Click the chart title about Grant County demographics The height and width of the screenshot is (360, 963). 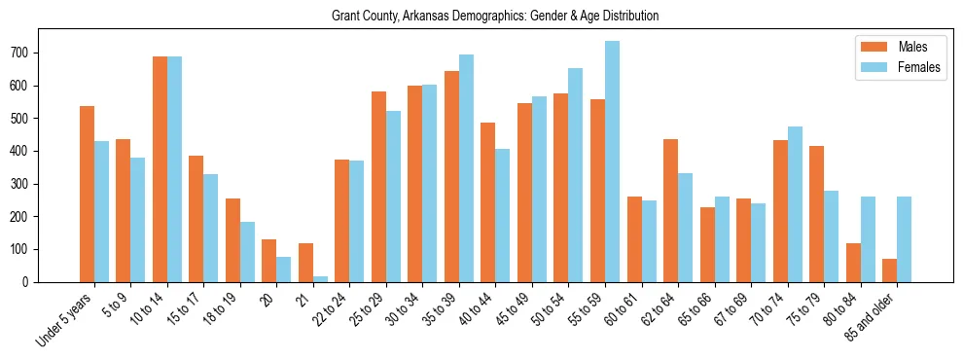pos(495,16)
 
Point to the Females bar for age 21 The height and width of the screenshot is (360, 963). pos(320,278)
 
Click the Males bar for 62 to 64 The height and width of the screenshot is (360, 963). pos(670,210)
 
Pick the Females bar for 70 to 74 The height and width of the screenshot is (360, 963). pos(795,204)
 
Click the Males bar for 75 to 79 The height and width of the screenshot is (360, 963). pos(816,214)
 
